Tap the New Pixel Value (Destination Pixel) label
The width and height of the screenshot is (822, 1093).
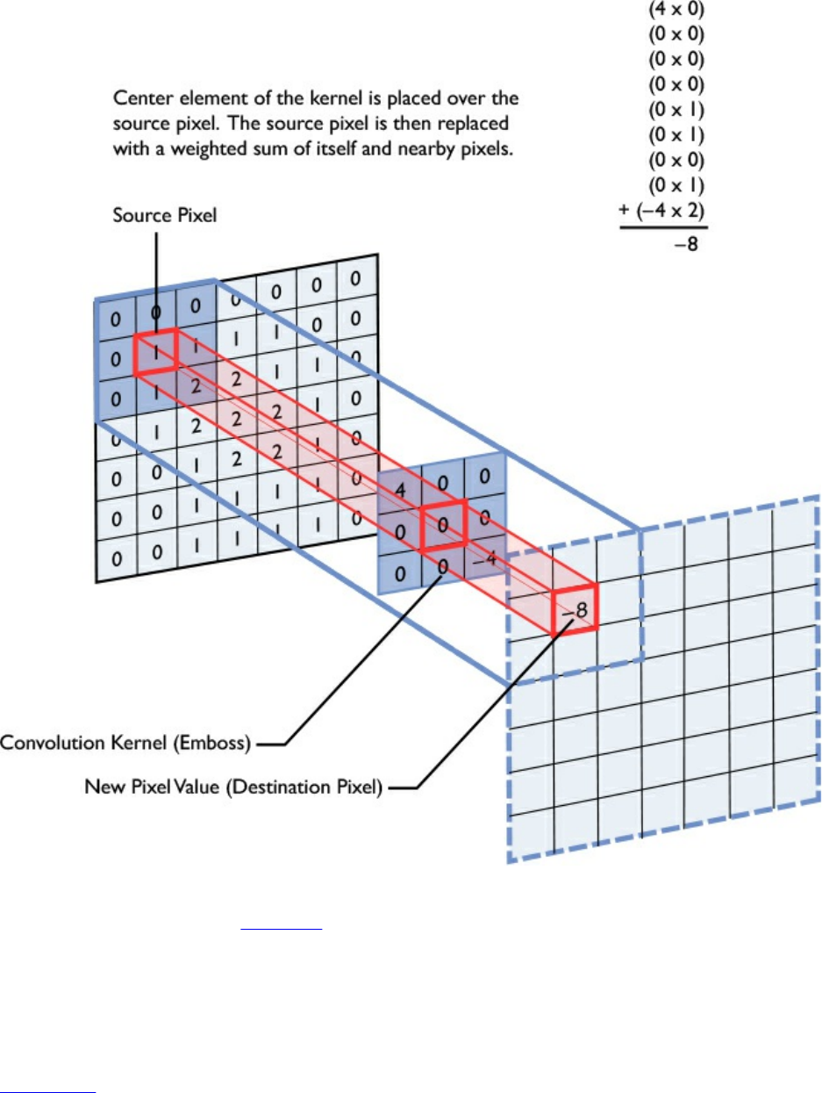(233, 787)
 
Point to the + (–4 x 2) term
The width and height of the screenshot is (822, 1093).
(663, 211)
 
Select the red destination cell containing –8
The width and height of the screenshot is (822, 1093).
(575, 607)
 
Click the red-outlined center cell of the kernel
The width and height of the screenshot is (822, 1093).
(442, 526)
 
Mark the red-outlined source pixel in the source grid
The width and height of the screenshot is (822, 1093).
(155, 352)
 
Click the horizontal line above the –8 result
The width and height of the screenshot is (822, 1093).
(663, 228)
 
